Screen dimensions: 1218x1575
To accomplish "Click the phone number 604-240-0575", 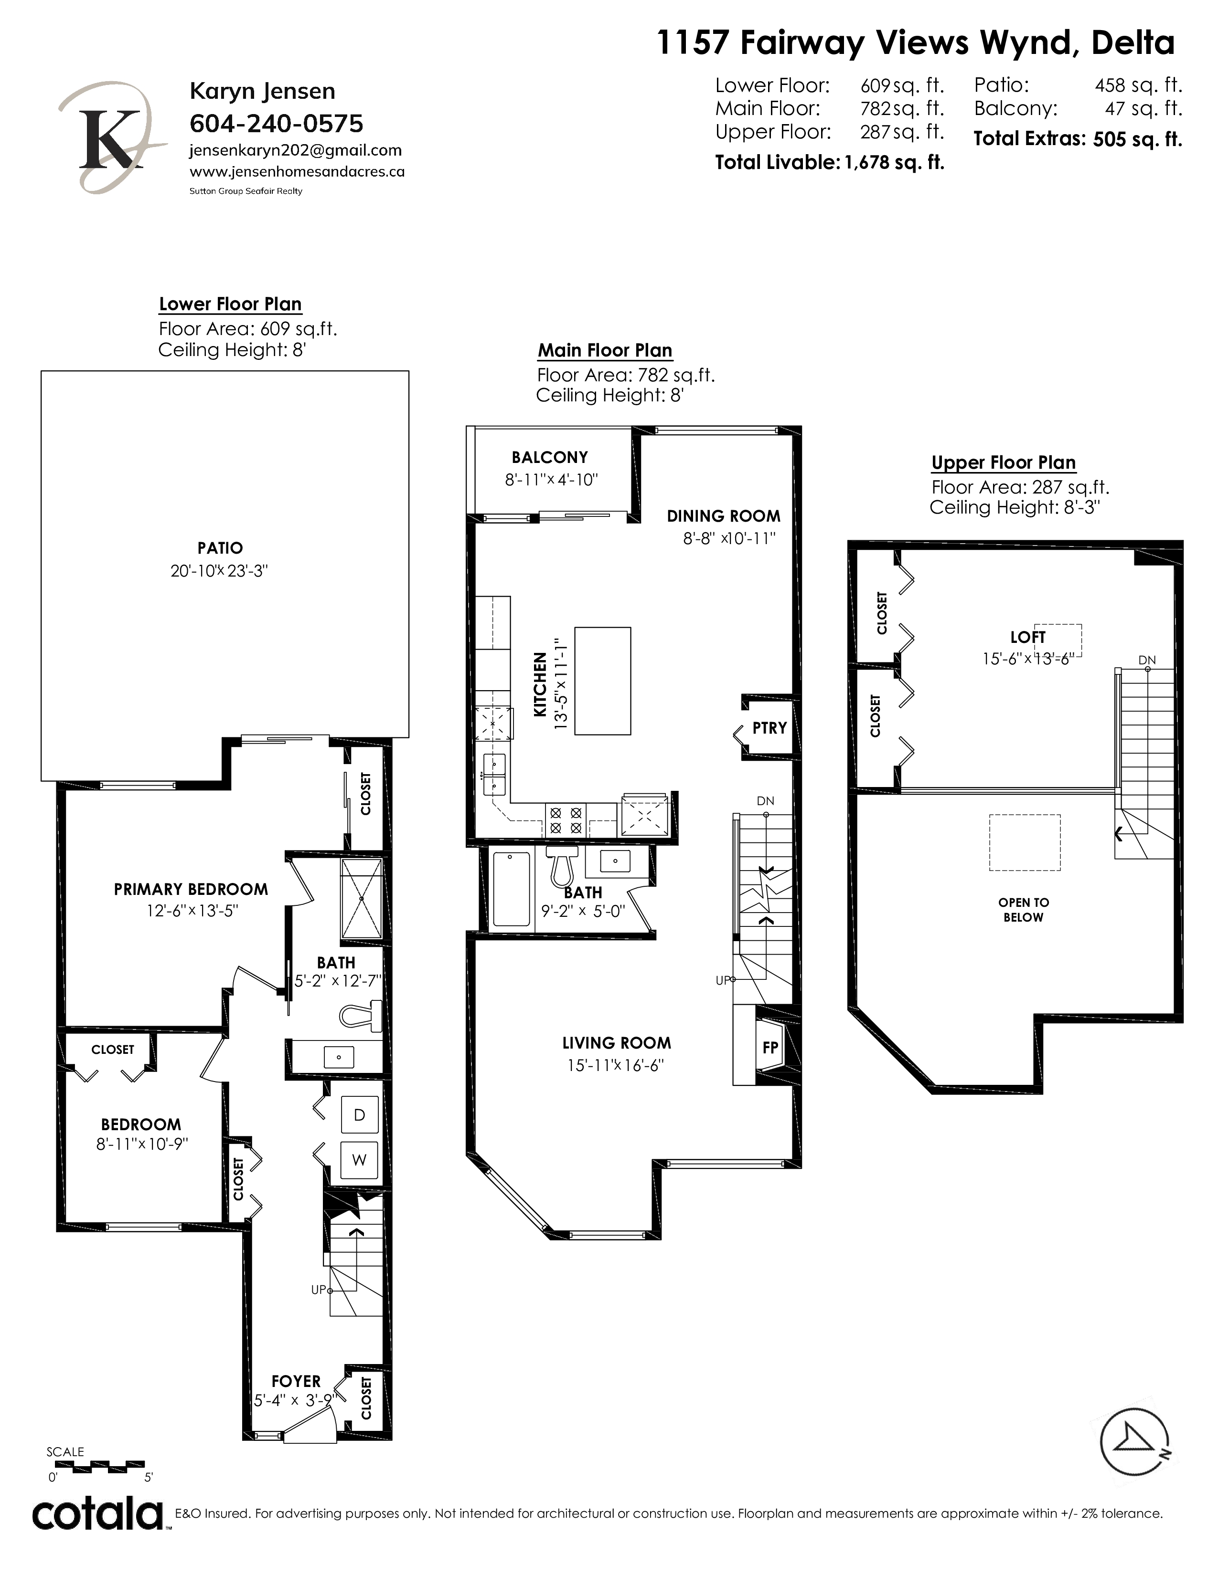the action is click(x=277, y=124).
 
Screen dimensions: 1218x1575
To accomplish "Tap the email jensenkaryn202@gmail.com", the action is click(x=295, y=151).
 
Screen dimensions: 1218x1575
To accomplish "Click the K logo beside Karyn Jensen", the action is click(x=113, y=138).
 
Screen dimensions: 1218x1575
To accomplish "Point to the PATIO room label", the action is click(x=220, y=548).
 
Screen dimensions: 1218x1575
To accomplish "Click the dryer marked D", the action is click(x=359, y=1115).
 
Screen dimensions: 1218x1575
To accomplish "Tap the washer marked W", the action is click(x=359, y=1160).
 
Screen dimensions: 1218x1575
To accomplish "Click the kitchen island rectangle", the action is click(x=602, y=681).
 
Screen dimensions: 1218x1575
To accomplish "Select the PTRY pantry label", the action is click(x=769, y=728).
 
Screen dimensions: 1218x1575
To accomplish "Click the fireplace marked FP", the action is click(x=770, y=1047).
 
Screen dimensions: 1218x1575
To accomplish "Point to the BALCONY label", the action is click(x=550, y=457).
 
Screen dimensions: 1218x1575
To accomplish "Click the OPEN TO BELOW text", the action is click(x=1023, y=910).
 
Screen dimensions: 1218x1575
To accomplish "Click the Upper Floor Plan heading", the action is click(x=1004, y=463).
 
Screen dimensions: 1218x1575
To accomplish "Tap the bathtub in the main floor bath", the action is click(x=511, y=889).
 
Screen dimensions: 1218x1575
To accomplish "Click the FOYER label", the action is click(x=296, y=1381).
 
